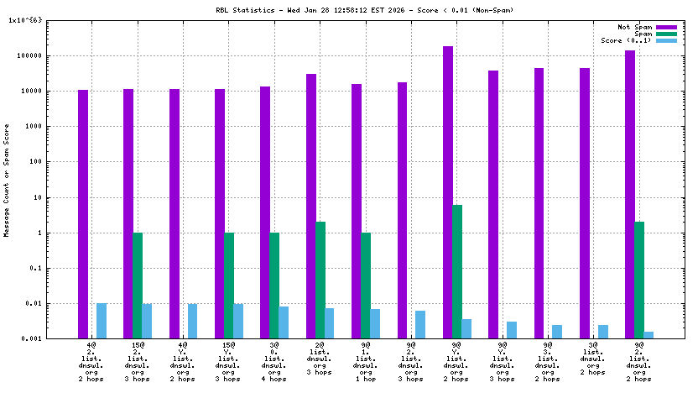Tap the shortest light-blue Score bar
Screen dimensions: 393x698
(649, 335)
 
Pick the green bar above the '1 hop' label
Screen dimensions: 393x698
(366, 286)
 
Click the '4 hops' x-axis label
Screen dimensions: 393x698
(274, 379)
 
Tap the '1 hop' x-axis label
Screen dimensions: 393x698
(366, 379)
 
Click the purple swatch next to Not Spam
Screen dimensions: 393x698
(666, 28)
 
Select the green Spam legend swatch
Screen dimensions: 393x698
(666, 34)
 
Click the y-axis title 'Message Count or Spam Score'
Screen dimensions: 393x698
(7, 179)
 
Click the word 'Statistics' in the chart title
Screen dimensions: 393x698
(253, 10)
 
